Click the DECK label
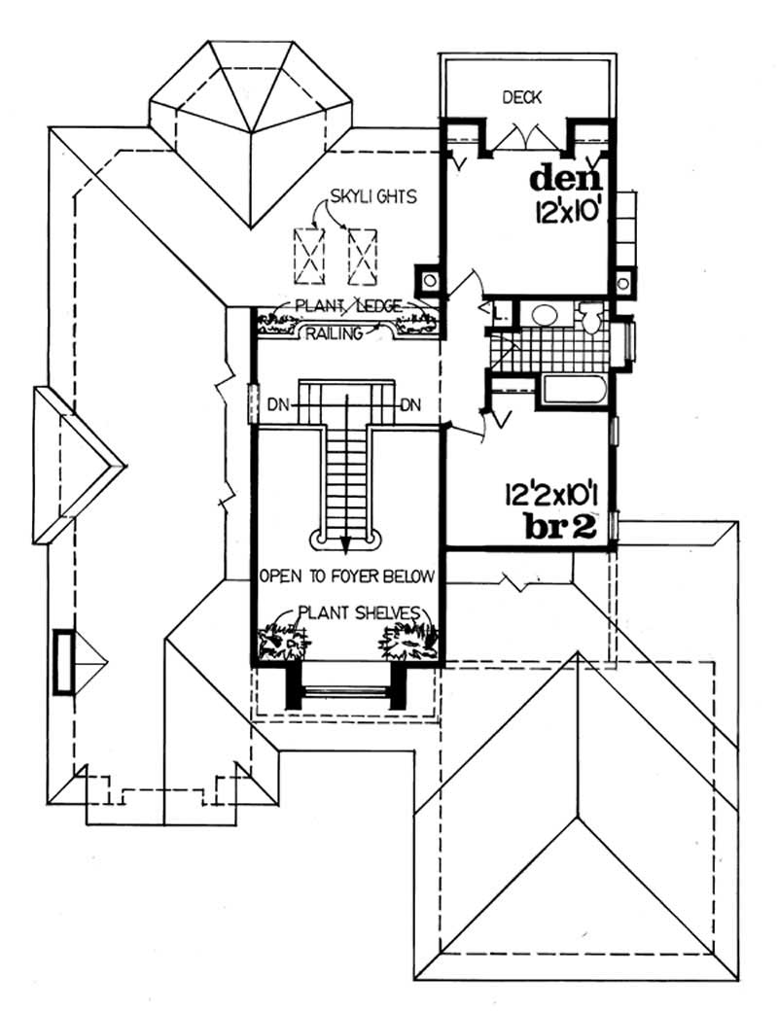[521, 97]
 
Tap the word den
[568, 179]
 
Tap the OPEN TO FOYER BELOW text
[345, 576]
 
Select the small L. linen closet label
[496, 313]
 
